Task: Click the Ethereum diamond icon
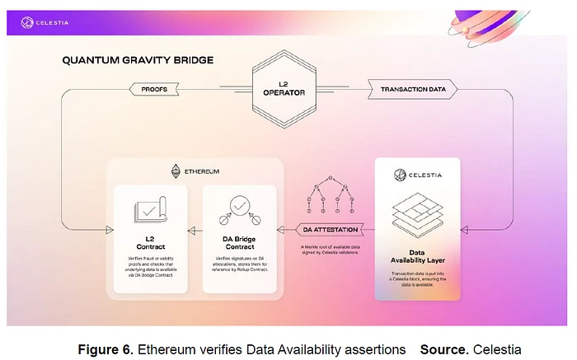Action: click(x=175, y=171)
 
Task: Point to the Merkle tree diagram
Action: click(x=331, y=194)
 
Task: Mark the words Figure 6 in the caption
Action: click(x=103, y=349)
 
